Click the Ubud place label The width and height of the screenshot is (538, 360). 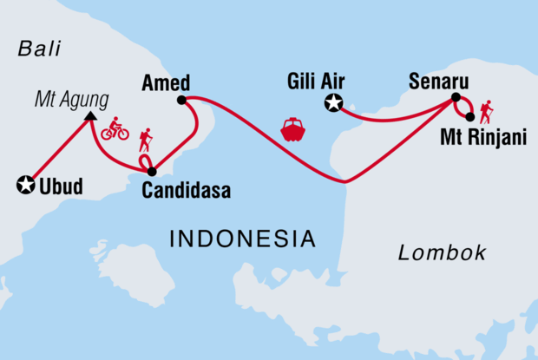(65, 185)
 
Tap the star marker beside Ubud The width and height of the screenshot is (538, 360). (26, 184)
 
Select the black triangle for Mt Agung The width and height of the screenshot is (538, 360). (90, 119)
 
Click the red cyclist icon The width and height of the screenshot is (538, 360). (115, 129)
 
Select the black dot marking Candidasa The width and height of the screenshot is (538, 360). (152, 172)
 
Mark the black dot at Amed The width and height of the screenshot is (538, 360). (181, 100)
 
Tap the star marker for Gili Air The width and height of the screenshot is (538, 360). (331, 105)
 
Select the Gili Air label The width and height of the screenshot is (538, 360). (317, 83)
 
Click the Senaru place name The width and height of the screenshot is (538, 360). (439, 82)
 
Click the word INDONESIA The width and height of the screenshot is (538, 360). (242, 237)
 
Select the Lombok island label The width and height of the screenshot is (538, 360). (442, 252)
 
